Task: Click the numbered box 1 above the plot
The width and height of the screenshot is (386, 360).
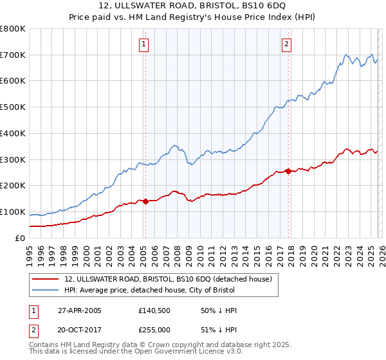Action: [x=143, y=44]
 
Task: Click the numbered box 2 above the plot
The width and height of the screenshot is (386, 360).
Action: [x=286, y=44]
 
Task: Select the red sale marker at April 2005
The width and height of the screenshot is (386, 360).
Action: [x=145, y=201]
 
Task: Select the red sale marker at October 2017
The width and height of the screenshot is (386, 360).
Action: [x=288, y=171]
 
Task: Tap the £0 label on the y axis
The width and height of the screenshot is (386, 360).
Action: [x=19, y=238]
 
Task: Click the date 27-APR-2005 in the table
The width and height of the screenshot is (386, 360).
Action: [x=80, y=310]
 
